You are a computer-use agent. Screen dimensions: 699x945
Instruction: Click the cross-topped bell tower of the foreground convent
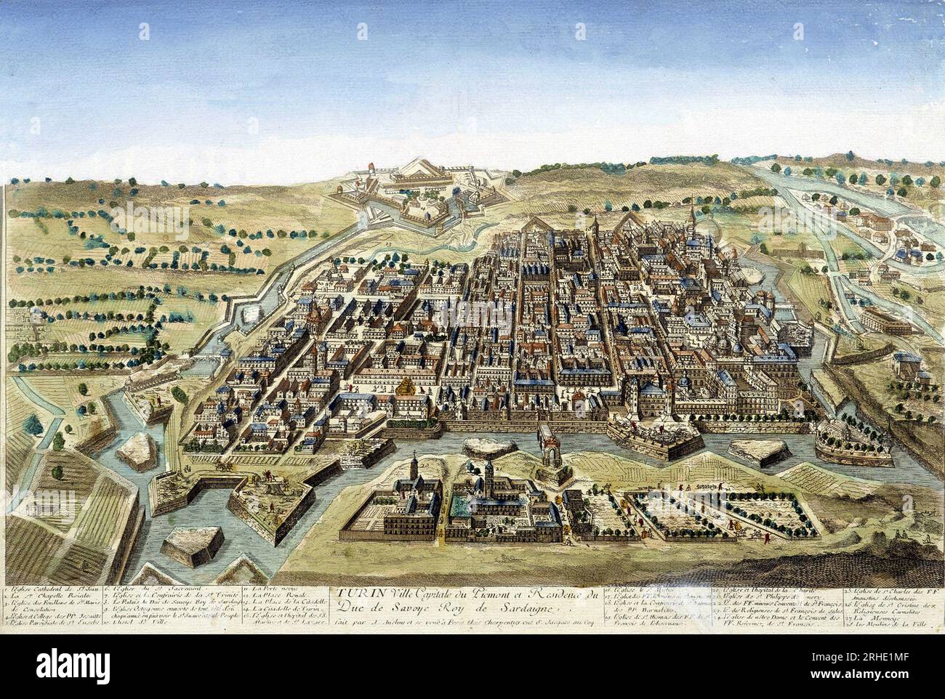click(x=411, y=465)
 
